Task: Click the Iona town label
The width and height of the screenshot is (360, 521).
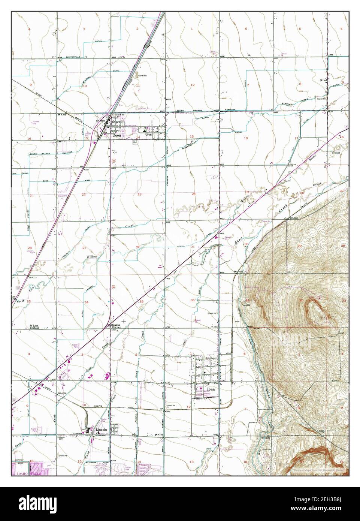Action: tap(211, 389)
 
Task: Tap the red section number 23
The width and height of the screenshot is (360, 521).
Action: tap(139, 194)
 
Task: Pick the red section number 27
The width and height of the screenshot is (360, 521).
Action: tap(84, 248)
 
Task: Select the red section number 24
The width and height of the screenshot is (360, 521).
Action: tap(194, 193)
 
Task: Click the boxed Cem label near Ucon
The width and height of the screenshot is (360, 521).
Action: tap(135, 142)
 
